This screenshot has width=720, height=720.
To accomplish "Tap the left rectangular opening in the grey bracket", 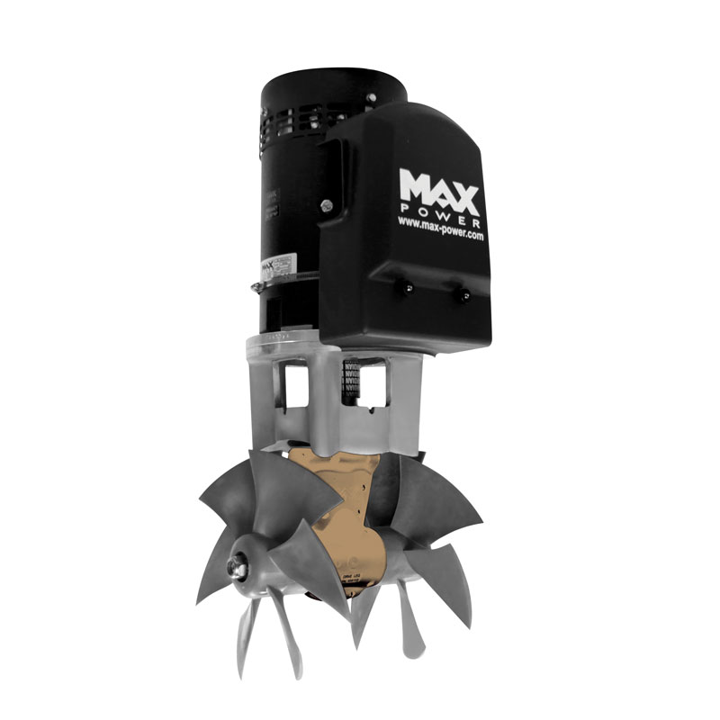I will pos(294,382).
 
